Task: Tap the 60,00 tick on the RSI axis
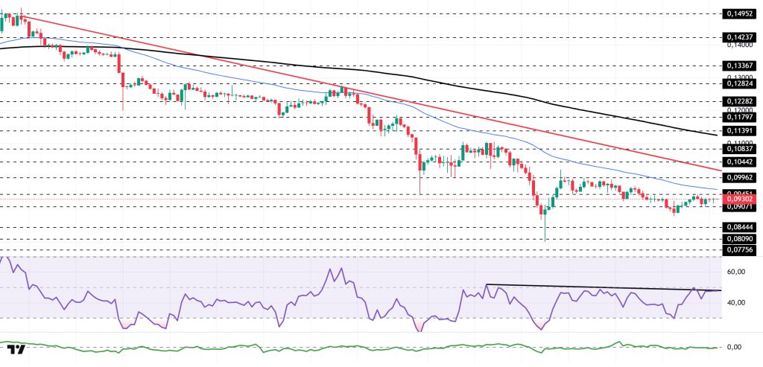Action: pos(737,272)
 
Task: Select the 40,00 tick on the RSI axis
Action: pos(737,302)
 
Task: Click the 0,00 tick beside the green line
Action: pos(734,347)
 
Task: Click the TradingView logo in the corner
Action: pos(16,349)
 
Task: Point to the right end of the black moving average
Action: pos(717,135)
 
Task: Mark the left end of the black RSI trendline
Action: pos(486,285)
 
